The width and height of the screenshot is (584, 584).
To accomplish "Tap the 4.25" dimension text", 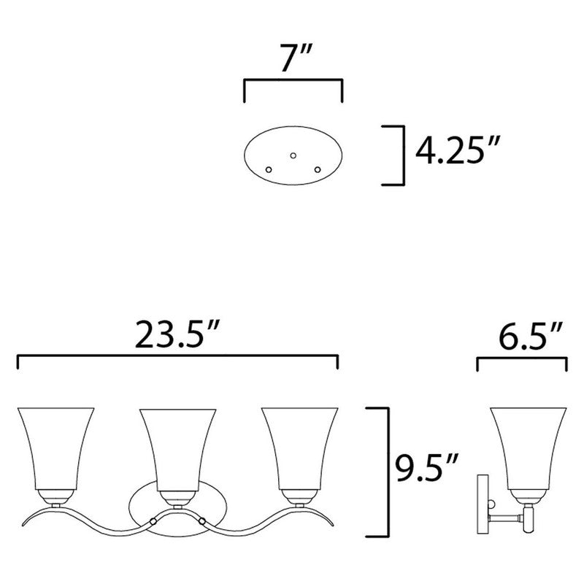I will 454,153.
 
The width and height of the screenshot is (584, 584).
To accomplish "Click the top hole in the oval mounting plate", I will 293,155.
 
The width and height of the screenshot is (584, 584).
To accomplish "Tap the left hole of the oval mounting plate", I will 269,169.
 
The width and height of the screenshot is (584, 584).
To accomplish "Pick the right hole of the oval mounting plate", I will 318,169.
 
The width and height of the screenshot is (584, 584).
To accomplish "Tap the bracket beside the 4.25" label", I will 401,154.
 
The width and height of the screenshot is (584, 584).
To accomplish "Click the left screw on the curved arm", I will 152,521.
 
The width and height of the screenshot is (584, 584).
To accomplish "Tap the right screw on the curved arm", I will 200,521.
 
